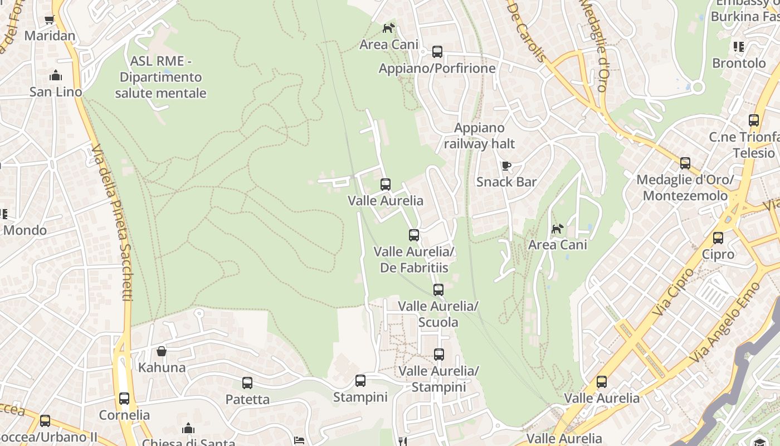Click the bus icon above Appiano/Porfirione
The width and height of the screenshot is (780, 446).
(x=437, y=52)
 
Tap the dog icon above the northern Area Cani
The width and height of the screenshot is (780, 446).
(x=388, y=28)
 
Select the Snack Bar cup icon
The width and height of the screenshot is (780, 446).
(x=506, y=166)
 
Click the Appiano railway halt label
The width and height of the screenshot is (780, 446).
(x=479, y=136)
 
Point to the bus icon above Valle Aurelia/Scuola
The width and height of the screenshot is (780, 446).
(x=438, y=290)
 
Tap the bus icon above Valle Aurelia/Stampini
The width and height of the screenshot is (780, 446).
(x=439, y=355)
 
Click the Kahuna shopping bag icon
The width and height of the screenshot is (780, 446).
(x=162, y=351)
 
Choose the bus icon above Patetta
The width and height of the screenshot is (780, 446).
(x=247, y=383)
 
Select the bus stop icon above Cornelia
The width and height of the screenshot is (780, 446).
(x=124, y=399)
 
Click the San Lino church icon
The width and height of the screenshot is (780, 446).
(x=55, y=75)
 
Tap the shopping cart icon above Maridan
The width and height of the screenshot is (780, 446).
(x=50, y=20)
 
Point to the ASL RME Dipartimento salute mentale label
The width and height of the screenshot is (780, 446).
(x=160, y=77)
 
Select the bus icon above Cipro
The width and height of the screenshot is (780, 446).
(x=718, y=238)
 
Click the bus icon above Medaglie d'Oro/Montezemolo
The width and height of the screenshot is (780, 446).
(x=685, y=163)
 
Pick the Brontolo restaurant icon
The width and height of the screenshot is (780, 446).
(x=739, y=47)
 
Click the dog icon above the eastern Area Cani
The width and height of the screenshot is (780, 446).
(x=557, y=229)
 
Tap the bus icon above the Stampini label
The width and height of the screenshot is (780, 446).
(x=360, y=381)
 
